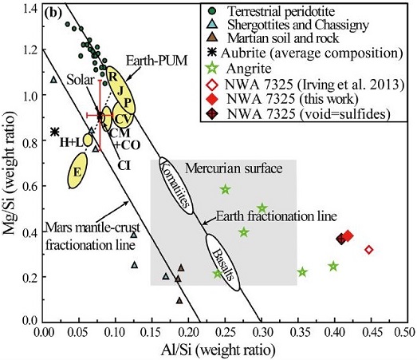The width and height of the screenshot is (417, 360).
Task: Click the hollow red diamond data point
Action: [x=369, y=250]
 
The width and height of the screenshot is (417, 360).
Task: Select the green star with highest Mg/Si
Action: [x=226, y=189]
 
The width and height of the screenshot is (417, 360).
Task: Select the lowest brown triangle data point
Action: [x=180, y=300]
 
